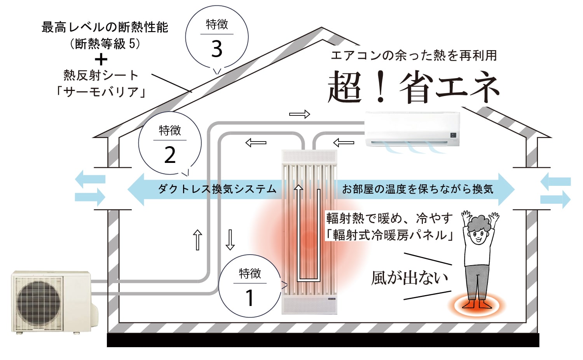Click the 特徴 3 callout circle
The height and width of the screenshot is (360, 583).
click(x=217, y=37)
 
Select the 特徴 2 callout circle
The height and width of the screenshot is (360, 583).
click(x=170, y=143)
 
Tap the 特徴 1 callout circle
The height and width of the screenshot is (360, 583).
click(x=250, y=286)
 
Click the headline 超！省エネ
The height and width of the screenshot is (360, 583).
click(x=413, y=87)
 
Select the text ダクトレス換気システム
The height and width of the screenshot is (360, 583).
click(x=217, y=189)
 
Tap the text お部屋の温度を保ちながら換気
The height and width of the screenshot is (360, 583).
click(x=417, y=189)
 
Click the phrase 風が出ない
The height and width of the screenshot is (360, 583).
click(x=409, y=278)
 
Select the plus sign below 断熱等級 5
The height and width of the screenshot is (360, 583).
click(x=101, y=59)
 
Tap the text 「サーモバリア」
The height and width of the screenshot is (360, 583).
click(x=101, y=92)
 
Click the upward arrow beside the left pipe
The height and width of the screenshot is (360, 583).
click(x=197, y=240)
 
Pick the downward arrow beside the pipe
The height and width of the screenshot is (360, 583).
click(x=230, y=240)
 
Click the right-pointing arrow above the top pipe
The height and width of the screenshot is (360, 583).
click(x=300, y=114)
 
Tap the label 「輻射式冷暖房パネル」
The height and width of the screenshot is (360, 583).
click(x=389, y=235)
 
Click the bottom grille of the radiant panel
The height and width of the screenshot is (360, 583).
click(x=309, y=305)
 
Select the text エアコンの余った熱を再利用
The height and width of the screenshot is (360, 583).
click(x=414, y=56)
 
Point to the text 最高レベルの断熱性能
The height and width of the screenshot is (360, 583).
click(x=105, y=27)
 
